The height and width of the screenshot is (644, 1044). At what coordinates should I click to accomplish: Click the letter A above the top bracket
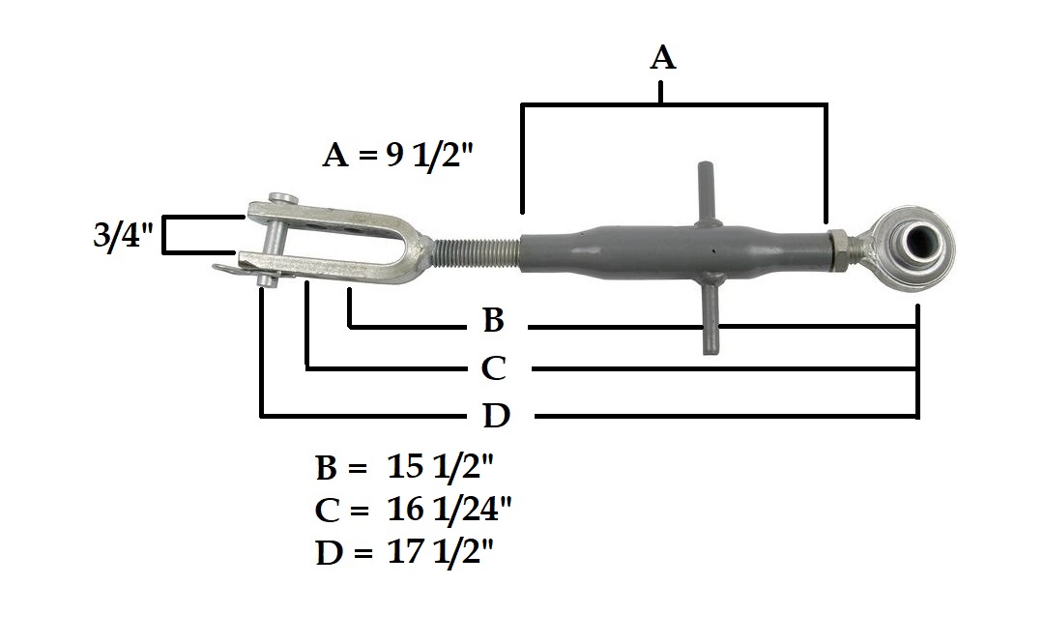[662, 58]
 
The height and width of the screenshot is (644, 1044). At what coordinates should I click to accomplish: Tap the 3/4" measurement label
[125, 237]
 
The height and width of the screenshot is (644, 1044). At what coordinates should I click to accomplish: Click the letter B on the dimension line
[493, 321]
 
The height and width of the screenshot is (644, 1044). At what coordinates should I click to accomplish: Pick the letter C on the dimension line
[493, 368]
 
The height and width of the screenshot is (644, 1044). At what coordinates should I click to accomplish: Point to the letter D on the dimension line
[496, 417]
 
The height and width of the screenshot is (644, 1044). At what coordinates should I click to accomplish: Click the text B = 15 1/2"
[404, 468]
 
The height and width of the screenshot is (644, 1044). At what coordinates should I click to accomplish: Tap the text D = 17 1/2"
[405, 552]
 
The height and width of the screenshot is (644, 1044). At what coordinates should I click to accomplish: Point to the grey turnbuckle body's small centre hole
[712, 253]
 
